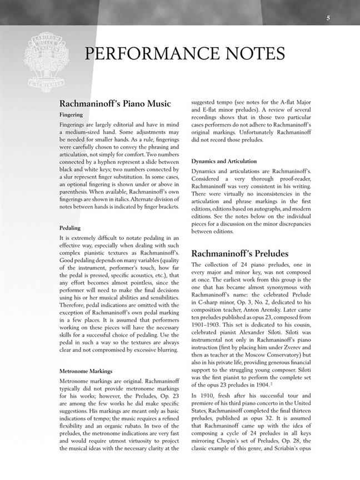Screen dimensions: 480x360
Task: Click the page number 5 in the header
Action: pyautogui.click(x=328, y=18)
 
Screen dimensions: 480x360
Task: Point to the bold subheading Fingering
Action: pyautogui.click(x=71, y=114)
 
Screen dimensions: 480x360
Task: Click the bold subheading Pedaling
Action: pyautogui.click(x=70, y=228)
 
